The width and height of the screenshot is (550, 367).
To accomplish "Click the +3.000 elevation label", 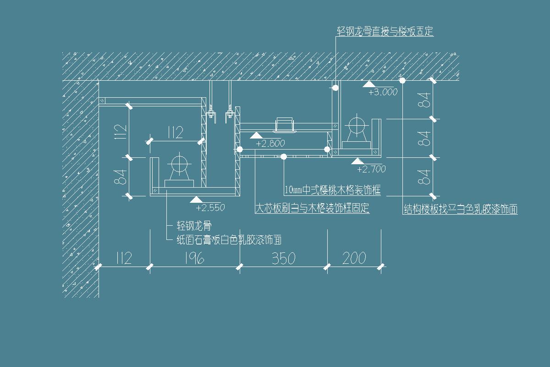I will pyautogui.click(x=383, y=92).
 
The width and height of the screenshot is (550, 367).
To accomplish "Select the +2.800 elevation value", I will pyautogui.click(x=270, y=144).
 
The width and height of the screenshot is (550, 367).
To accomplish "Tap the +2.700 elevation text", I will pyautogui.click(x=371, y=169).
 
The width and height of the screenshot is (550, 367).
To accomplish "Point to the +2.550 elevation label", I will pyautogui.click(x=210, y=208).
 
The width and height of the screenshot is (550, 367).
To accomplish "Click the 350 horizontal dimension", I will pyautogui.click(x=283, y=258).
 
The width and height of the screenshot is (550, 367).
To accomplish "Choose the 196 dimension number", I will pyautogui.click(x=194, y=258).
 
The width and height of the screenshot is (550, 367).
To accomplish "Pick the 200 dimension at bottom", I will pyautogui.click(x=354, y=258).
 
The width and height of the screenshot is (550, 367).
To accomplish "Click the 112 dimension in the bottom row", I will pyautogui.click(x=121, y=258).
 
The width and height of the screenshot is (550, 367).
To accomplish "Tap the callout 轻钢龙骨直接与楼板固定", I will pyautogui.click(x=385, y=31).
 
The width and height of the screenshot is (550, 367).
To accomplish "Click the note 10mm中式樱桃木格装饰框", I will pyautogui.click(x=332, y=189).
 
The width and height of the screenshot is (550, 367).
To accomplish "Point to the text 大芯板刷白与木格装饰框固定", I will pyautogui.click(x=312, y=208).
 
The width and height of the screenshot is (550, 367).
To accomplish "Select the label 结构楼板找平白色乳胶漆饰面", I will pyautogui.click(x=460, y=210).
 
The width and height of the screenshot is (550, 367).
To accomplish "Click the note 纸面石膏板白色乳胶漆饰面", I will pyautogui.click(x=229, y=239).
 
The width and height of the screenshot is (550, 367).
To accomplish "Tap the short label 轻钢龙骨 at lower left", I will pyautogui.click(x=194, y=226).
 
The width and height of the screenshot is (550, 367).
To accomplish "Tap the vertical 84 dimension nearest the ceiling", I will pyautogui.click(x=425, y=100).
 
